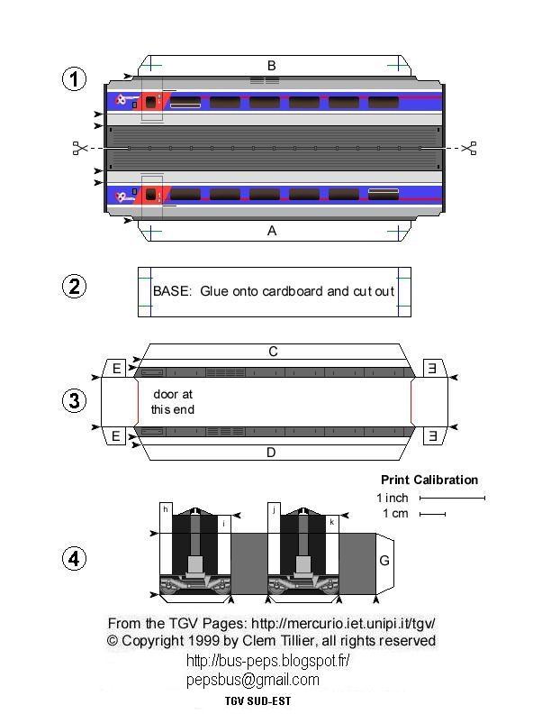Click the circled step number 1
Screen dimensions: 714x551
[74, 79]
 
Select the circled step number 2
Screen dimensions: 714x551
[74, 287]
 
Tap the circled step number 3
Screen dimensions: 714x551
[74, 401]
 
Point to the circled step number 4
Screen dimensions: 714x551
[74, 559]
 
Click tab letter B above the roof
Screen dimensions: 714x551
[271, 65]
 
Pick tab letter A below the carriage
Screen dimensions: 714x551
[272, 231]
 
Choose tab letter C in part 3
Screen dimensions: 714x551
[273, 352]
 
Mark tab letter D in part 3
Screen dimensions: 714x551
[271, 453]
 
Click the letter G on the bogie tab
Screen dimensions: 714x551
[384, 561]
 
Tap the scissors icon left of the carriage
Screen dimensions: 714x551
[80, 148]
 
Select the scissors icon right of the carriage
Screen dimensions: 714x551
[468, 148]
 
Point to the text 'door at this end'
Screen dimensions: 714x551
[172, 402]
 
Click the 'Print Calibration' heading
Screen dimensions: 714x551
[429, 480]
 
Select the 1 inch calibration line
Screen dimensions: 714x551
[452, 498]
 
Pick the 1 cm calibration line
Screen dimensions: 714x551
[432, 515]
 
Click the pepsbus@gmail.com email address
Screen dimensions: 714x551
[253, 680]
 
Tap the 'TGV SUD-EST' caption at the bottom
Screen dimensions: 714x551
[257, 700]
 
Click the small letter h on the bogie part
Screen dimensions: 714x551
[166, 509]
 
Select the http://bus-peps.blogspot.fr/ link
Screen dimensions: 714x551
[267, 660]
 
